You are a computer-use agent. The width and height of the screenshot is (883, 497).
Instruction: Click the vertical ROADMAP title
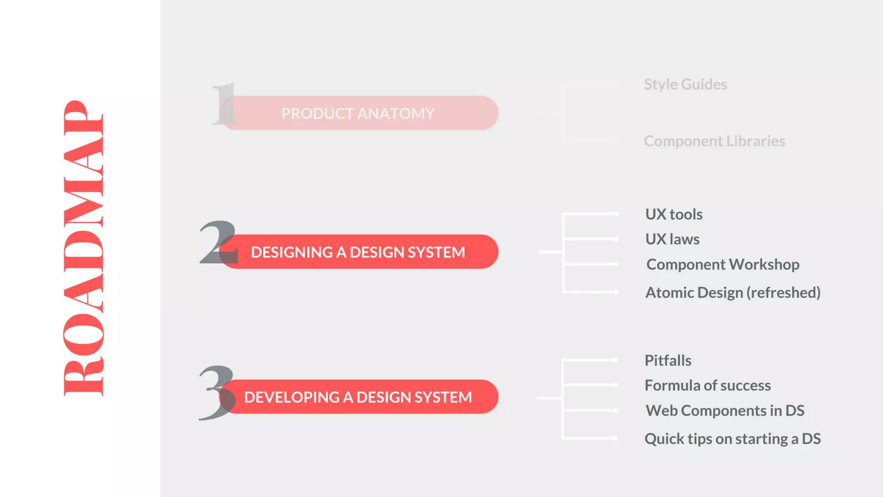[x=83, y=248]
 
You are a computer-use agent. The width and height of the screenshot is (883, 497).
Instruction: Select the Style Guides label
[x=685, y=84]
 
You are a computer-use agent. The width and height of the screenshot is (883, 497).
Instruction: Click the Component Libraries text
[x=714, y=141]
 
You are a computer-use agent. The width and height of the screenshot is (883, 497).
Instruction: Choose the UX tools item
[x=673, y=214]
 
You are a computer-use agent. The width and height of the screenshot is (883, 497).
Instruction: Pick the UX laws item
[x=672, y=239]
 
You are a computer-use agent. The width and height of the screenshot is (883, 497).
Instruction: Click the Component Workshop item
[x=723, y=264]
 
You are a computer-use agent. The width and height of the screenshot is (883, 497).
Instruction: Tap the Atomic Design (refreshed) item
[x=733, y=293]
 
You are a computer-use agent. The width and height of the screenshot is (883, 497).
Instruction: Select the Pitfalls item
[x=667, y=360]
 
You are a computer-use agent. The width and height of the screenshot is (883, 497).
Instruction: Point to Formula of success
[x=707, y=385]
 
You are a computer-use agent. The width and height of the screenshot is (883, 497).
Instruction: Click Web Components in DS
[x=724, y=411]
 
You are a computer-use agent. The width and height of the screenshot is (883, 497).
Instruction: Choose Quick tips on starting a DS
[x=732, y=439]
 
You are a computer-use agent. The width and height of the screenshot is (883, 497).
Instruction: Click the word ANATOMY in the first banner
[x=396, y=113]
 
